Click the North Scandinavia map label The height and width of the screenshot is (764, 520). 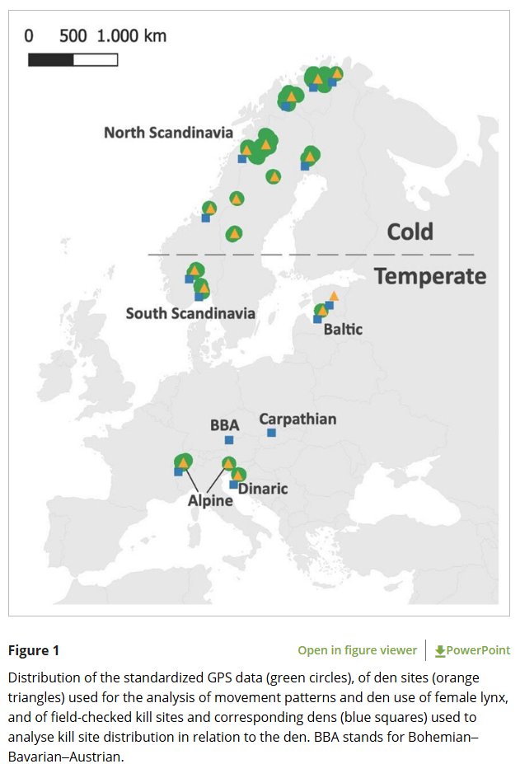coord(168,133)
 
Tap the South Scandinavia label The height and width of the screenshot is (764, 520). coord(190,313)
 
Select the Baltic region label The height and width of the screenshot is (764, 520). coord(343,330)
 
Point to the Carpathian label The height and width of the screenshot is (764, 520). coord(297,419)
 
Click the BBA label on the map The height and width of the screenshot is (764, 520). coord(224,425)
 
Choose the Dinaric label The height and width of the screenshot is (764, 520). coord(263,489)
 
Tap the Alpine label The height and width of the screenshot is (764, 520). coord(210,500)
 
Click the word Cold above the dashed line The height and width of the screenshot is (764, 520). coord(410,232)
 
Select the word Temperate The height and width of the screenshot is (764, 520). coord(430,276)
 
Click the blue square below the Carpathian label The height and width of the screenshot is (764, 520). coord(271,432)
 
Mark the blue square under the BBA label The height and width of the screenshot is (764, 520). coord(229,440)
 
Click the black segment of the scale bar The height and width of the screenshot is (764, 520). coord(51,59)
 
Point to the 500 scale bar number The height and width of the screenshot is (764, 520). coord(73,36)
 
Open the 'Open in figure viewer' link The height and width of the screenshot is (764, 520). coord(357,650)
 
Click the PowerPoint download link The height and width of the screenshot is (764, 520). coord(472,650)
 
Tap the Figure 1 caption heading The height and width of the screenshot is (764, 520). coord(34,650)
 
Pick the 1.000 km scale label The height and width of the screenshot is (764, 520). coord(132,36)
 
